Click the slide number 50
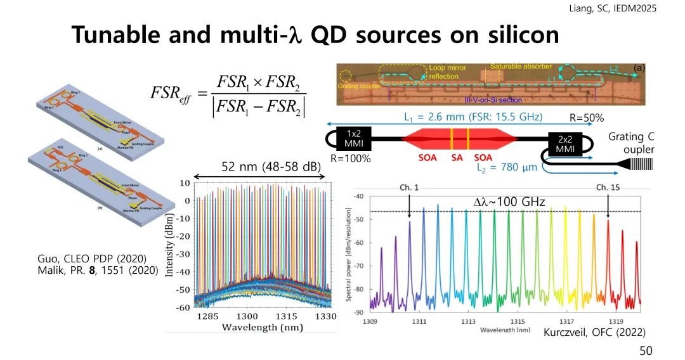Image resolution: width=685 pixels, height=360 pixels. tap(645, 350)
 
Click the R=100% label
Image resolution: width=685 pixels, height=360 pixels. tap(350, 159)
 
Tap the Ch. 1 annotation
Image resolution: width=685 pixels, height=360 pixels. tap(408, 188)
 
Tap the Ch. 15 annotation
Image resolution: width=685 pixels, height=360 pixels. tap(608, 188)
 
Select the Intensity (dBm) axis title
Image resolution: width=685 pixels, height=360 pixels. tap(170, 243)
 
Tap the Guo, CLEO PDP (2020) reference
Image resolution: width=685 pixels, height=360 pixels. tap(93, 259)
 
